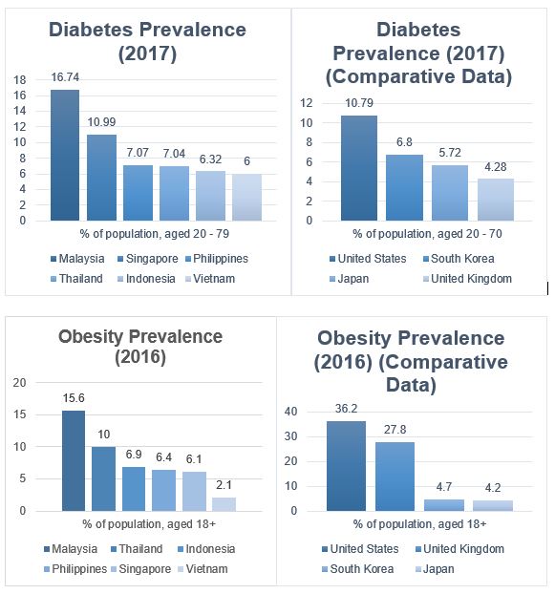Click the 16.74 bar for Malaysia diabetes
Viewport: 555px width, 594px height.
pyautogui.click(x=65, y=155)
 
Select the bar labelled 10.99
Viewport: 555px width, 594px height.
pyautogui.click(x=101, y=178)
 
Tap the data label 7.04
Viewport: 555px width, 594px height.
pyautogui.click(x=174, y=154)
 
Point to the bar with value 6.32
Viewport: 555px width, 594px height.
pyautogui.click(x=210, y=196)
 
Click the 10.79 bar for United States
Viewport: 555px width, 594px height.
pyautogui.click(x=359, y=168)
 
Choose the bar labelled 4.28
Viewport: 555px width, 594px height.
pyautogui.click(x=496, y=200)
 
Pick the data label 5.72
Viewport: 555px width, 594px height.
pyautogui.click(x=450, y=153)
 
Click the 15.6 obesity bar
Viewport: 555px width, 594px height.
pyautogui.click(x=74, y=460)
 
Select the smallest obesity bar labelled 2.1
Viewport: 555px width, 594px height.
pyautogui.click(x=224, y=504)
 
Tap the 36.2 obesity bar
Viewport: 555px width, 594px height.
pyautogui.click(x=346, y=466)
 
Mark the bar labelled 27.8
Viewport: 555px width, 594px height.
pyautogui.click(x=395, y=477)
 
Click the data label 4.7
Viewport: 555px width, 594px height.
pyautogui.click(x=443, y=487)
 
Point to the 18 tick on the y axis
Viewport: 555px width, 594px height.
pyautogui.click(x=20, y=80)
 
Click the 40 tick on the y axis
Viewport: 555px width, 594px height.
pyautogui.click(x=291, y=412)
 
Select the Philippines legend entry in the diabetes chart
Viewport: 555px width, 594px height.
pyautogui.click(x=217, y=259)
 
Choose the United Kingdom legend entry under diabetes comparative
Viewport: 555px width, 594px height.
pyautogui.click(x=467, y=279)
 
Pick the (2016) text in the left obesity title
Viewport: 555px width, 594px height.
pyautogui.click(x=140, y=357)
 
